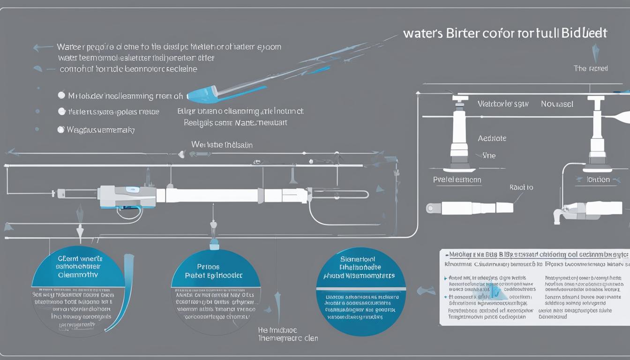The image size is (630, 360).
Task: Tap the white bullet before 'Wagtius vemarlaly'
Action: (x=61, y=129)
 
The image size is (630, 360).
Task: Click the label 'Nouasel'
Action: (x=557, y=104)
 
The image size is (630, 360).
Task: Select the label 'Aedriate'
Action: (x=492, y=138)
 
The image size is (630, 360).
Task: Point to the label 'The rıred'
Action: (x=591, y=68)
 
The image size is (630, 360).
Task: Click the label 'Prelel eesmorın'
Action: (x=457, y=180)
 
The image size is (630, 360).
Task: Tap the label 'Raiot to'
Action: (x=521, y=187)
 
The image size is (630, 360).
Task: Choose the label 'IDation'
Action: (x=599, y=180)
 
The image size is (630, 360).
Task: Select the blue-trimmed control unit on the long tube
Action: (x=127, y=197)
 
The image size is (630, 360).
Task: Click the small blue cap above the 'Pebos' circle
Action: (x=214, y=243)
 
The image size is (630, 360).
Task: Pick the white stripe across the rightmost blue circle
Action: (x=361, y=284)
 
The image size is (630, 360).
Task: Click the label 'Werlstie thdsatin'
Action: (x=222, y=145)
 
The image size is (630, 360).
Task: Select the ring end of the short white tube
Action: (x=431, y=208)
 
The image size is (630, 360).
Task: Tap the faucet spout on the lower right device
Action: (x=558, y=216)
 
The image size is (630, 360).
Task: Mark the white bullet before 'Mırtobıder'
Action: (x=61, y=95)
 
